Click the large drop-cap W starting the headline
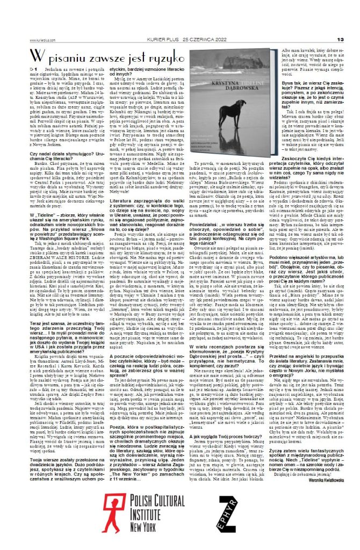coord(37,56)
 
